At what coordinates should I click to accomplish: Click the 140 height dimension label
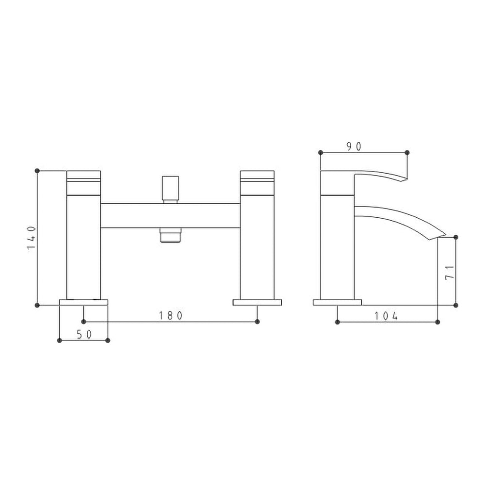click(x=31, y=238)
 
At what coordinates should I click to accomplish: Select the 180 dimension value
click(x=171, y=316)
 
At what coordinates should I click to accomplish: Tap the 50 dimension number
click(x=83, y=335)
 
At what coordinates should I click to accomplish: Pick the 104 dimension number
click(x=386, y=316)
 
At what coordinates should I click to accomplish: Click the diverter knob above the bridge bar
click(x=170, y=189)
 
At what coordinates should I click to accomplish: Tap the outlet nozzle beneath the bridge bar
click(x=170, y=235)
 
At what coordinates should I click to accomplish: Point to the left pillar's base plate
click(x=83, y=302)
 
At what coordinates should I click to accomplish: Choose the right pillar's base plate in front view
click(x=257, y=302)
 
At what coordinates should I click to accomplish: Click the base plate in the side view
click(x=337, y=302)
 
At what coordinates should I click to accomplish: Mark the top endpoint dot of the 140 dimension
click(x=37, y=170)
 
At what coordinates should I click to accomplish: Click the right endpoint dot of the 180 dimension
click(x=257, y=321)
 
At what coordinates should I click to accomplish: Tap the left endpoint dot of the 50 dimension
click(x=60, y=340)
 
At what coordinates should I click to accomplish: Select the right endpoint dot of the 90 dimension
click(x=407, y=152)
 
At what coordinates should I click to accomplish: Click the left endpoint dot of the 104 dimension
click(x=337, y=322)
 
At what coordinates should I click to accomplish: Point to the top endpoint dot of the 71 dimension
click(x=456, y=237)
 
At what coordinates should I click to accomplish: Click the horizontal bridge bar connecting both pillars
click(x=170, y=215)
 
